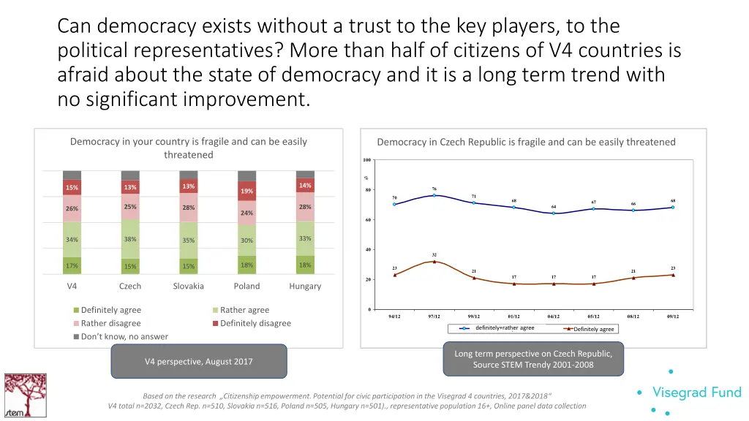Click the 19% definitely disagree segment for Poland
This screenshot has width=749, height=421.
[x=247, y=191]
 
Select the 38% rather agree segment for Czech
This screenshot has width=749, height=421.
[x=130, y=239]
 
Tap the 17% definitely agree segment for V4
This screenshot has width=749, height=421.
[x=72, y=265]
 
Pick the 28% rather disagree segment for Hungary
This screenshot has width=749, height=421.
[x=305, y=207]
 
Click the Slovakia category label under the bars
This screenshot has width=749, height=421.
[x=188, y=286]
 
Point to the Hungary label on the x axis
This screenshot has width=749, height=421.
[x=305, y=286]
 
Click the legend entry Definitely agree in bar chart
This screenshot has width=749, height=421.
[x=110, y=310]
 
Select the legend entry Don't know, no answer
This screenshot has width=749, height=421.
[x=124, y=336]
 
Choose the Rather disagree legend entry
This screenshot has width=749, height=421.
[x=110, y=323]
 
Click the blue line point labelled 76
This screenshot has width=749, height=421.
[x=434, y=195]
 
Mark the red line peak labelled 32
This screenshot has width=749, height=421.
[x=434, y=262]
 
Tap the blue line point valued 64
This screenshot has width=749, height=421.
[x=554, y=213]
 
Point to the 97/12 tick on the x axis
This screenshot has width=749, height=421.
[x=434, y=316]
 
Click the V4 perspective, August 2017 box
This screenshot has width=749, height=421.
[x=198, y=361]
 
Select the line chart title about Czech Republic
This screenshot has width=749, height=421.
[x=526, y=142]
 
